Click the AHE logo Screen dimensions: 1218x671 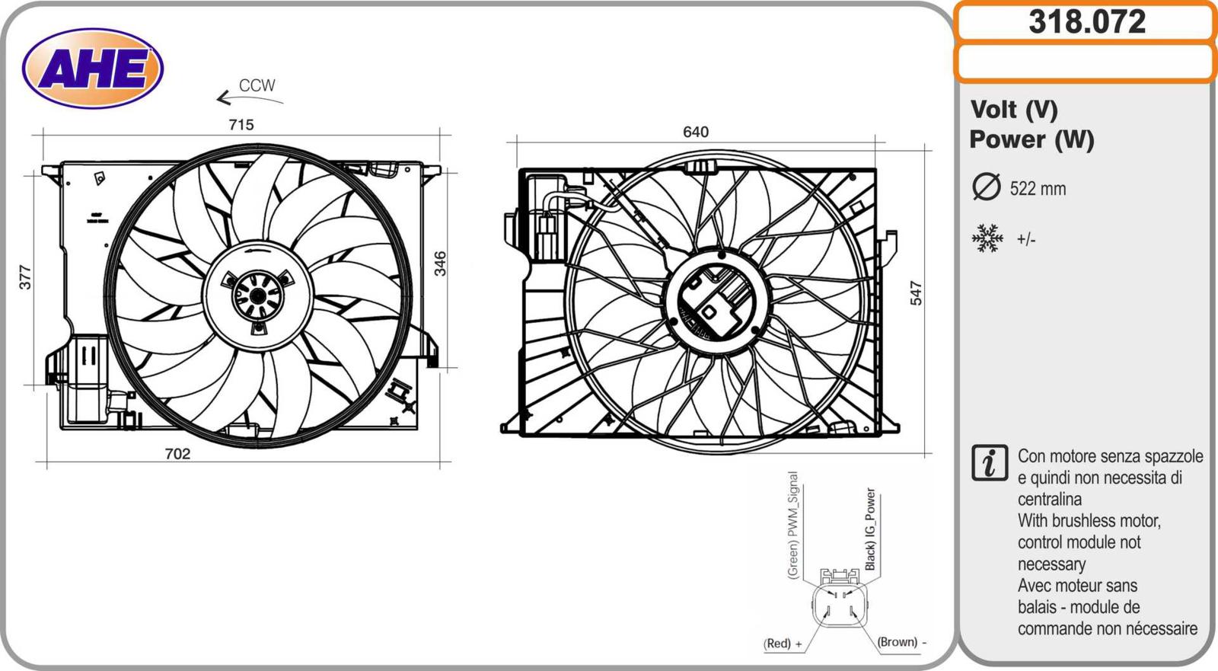click(x=93, y=69)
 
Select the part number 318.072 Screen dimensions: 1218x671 click(x=1087, y=22)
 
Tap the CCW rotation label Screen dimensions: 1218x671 click(x=257, y=85)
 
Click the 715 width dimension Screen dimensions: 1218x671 click(x=241, y=125)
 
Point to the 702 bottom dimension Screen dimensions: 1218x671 click(x=178, y=453)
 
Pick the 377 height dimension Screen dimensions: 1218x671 click(x=26, y=277)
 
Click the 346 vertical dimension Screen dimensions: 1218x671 click(x=440, y=264)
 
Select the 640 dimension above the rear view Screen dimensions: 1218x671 click(x=696, y=132)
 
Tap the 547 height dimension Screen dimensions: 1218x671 click(x=916, y=292)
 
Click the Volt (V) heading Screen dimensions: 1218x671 click(x=1014, y=110)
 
